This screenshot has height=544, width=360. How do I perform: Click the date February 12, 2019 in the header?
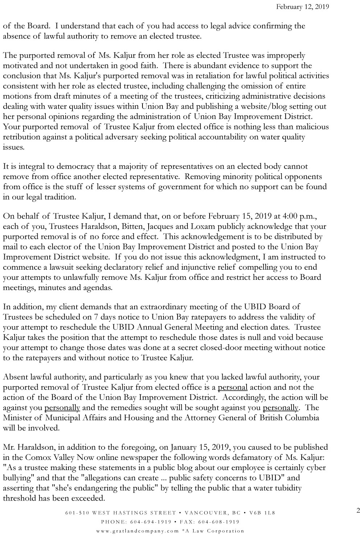tap(303, 7)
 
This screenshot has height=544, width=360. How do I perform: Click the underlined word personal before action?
tap(232, 387)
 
